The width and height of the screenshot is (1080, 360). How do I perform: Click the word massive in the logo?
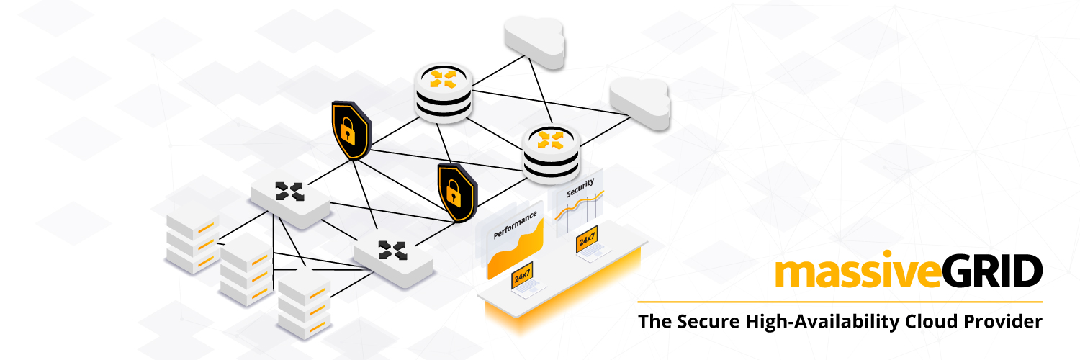858,270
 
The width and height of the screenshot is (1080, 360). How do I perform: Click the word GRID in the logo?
991,271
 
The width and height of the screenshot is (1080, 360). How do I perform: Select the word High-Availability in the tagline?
822,322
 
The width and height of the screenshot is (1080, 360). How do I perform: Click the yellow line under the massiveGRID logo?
840,302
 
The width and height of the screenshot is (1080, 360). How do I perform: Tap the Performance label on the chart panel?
515,225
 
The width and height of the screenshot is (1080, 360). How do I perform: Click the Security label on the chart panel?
580,187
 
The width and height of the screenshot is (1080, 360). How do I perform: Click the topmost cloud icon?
535,42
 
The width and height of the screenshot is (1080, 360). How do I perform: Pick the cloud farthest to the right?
640,103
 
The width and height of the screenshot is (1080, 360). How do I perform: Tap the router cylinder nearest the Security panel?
551,154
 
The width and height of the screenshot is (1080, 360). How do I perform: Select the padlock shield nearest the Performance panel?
457,192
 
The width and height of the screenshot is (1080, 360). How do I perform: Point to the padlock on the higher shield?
348,130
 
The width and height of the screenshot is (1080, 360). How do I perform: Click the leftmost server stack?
193,243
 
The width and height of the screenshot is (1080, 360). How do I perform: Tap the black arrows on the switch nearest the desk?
393,251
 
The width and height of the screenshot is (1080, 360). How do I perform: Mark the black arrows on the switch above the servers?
289,192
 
